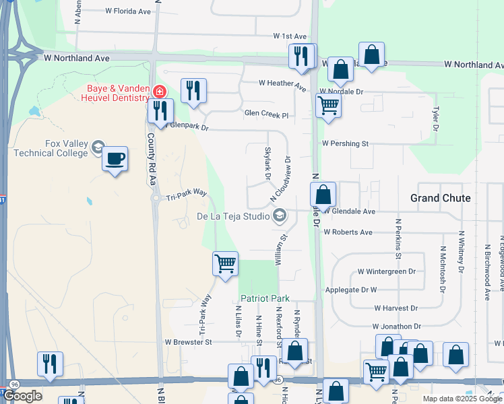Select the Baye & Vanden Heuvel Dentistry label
[x=117, y=93]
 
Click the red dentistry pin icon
[x=160, y=91]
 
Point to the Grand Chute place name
[x=441, y=197]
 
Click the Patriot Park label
[x=265, y=298]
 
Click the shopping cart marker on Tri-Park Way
[x=225, y=263]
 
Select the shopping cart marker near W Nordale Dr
[x=328, y=105]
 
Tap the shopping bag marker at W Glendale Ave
[x=323, y=195]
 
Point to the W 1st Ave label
[x=290, y=36]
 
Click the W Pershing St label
[x=345, y=143]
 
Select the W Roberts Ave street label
[x=348, y=232]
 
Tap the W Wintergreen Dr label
[x=387, y=271]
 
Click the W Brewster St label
[x=189, y=342]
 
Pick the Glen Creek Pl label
[x=266, y=114]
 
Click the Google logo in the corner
[x=22, y=396]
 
